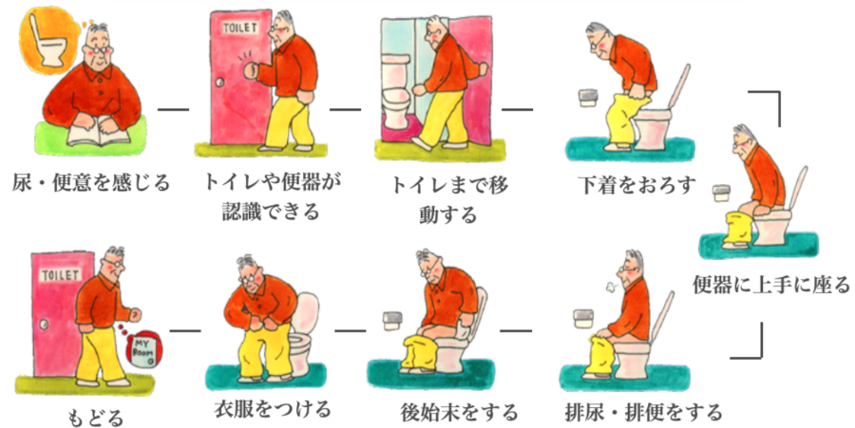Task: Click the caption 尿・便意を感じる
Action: (x=91, y=182)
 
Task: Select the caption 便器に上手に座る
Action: (x=771, y=285)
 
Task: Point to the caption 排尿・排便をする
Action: (x=643, y=412)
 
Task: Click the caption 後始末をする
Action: (x=459, y=412)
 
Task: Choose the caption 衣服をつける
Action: (x=272, y=408)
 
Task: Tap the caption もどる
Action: (x=95, y=419)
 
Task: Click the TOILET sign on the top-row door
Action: (x=239, y=28)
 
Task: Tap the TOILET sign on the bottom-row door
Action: (x=60, y=275)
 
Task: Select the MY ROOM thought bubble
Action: (x=143, y=350)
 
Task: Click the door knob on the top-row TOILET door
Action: (x=219, y=83)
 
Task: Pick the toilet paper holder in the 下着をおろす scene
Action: (x=589, y=98)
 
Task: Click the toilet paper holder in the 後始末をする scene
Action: (x=392, y=322)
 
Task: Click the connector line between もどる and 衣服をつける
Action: (x=185, y=330)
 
